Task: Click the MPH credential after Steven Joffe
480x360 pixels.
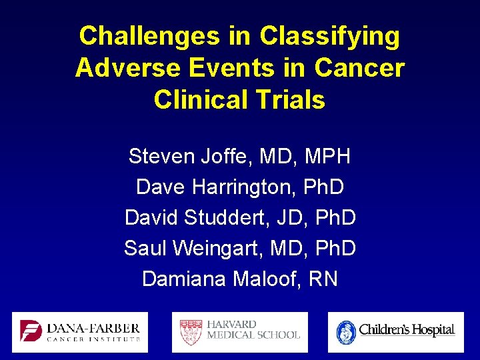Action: (327, 157)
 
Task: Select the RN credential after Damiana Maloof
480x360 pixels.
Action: (323, 279)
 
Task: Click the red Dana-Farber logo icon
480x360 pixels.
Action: (31, 331)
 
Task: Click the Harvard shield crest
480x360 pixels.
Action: (189, 331)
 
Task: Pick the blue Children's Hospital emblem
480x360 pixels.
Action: (346, 331)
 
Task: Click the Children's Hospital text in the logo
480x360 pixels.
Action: (407, 330)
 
